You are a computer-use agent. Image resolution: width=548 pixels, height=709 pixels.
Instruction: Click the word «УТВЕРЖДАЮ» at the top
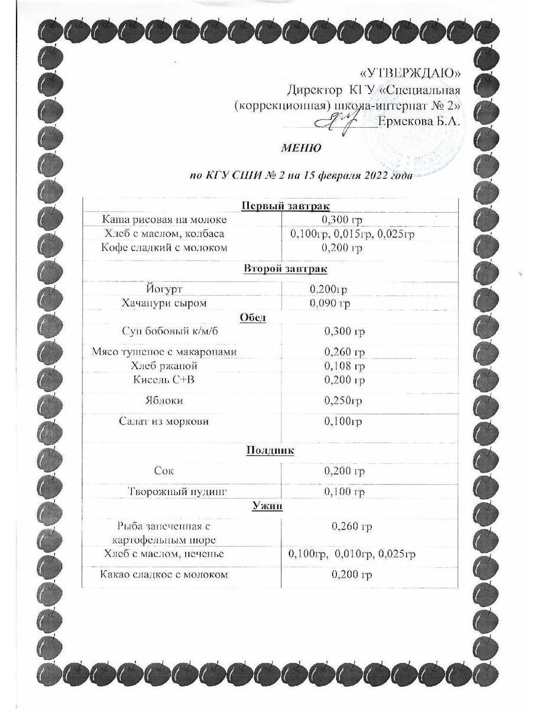410,73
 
